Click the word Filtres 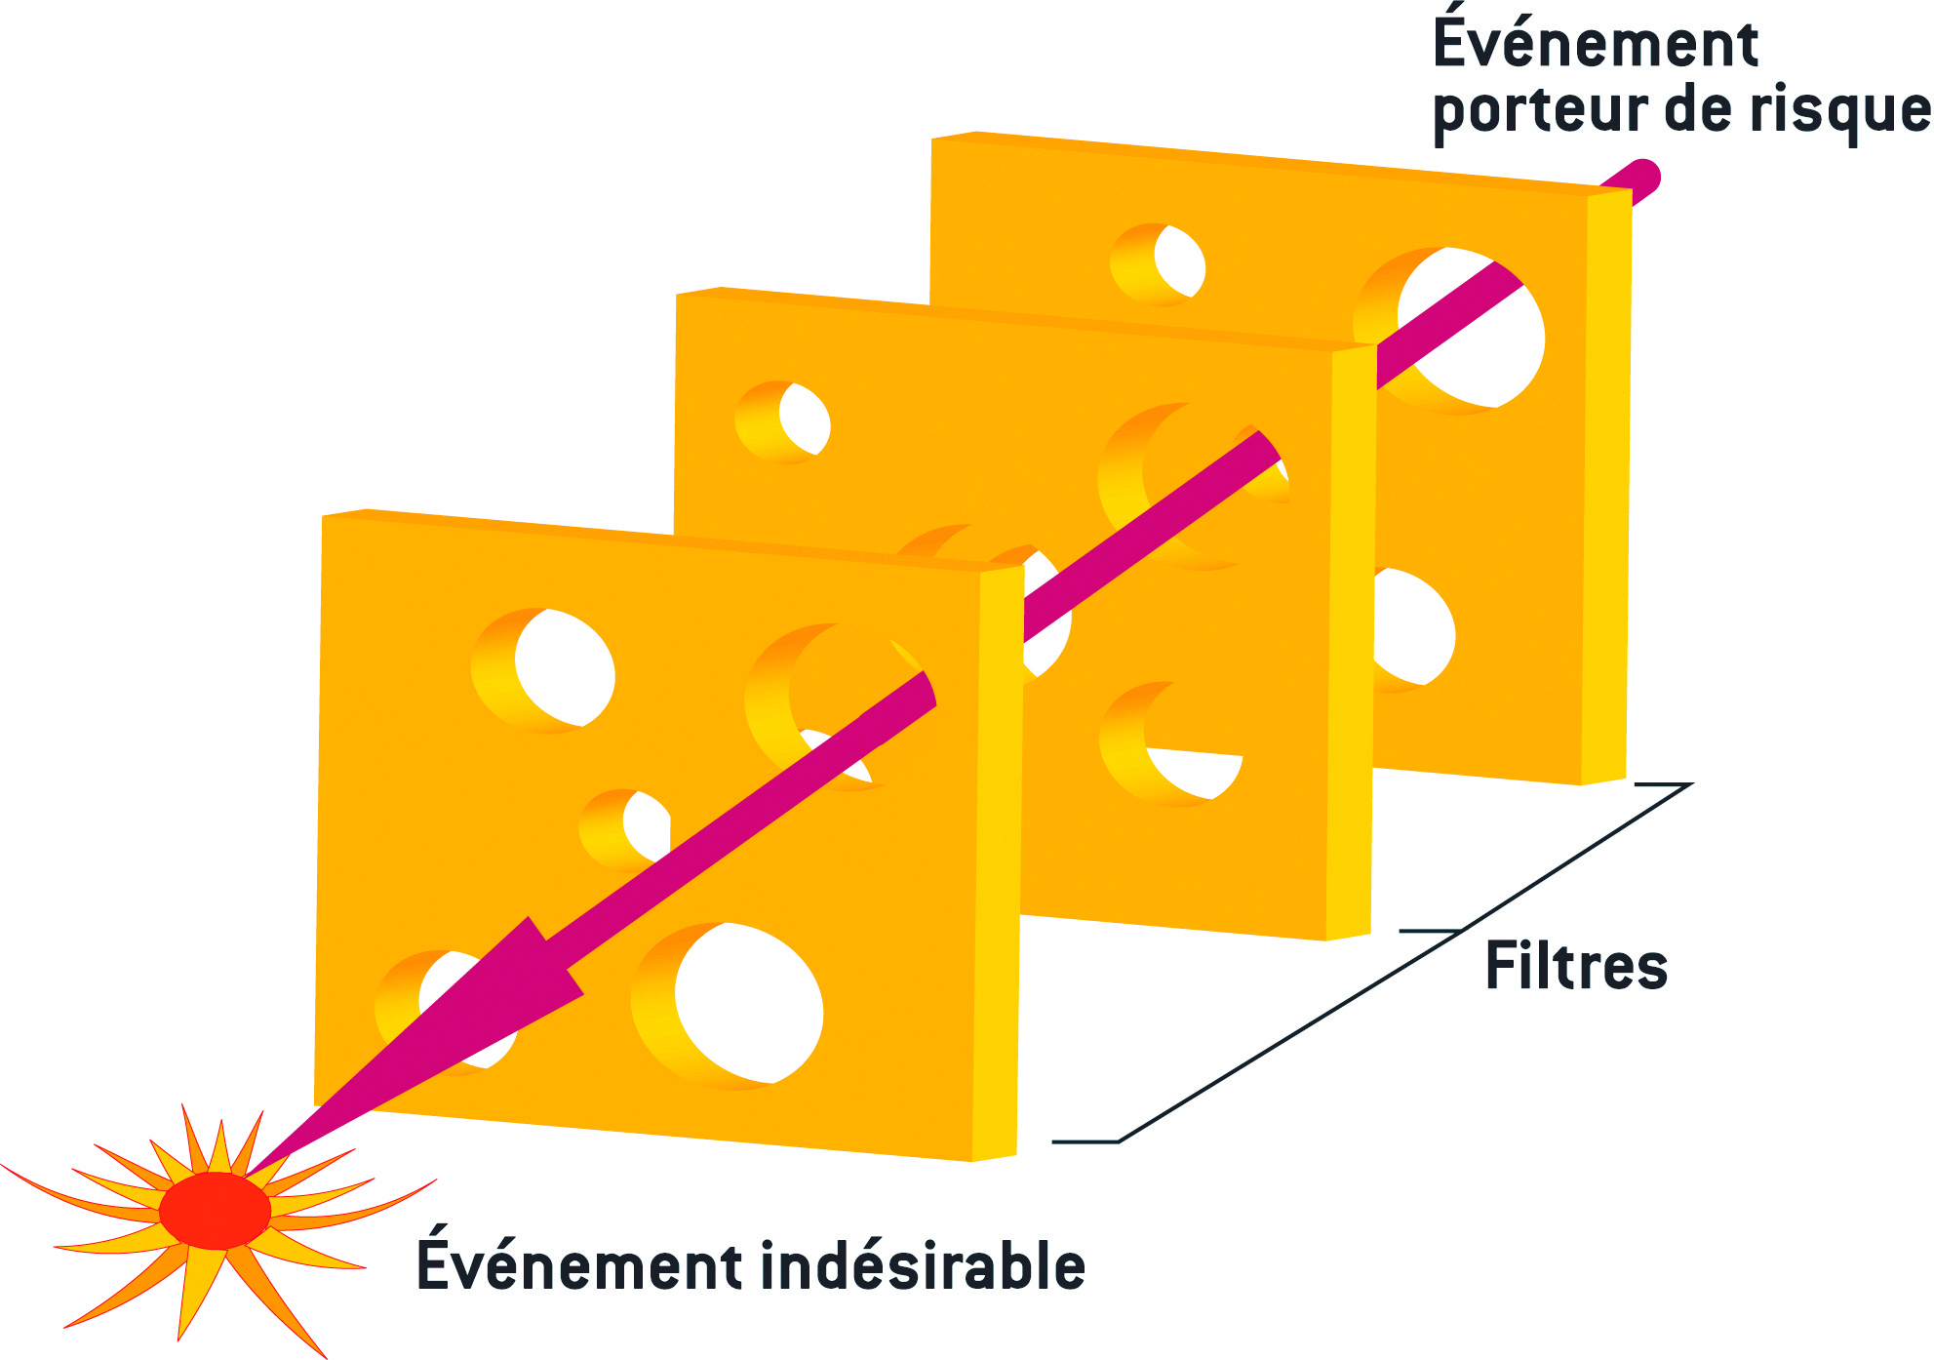coord(1576,967)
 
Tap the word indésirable coord(922,1266)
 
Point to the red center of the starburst coord(215,1211)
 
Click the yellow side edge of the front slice coord(997,859)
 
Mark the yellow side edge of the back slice coord(1606,488)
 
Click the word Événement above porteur coord(1596,44)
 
